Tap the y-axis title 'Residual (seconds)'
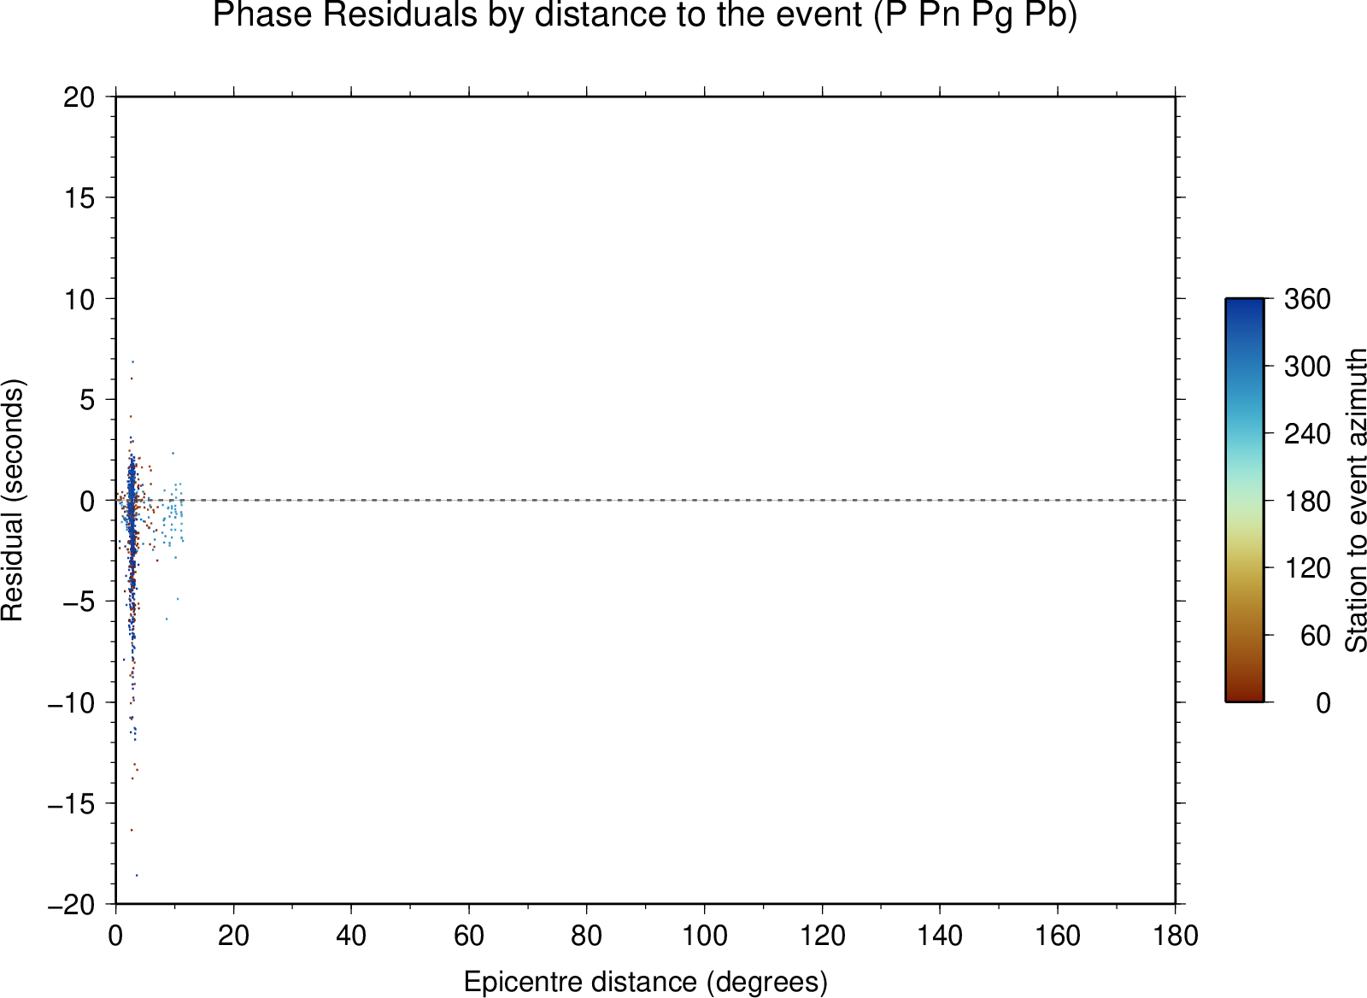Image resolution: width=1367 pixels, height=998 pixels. pyautogui.click(x=12, y=500)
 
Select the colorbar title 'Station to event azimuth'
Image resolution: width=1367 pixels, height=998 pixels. pyautogui.click(x=1355, y=500)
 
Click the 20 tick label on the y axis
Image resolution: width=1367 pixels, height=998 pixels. pyautogui.click(x=79, y=97)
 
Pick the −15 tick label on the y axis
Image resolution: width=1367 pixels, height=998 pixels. pyautogui.click(x=72, y=804)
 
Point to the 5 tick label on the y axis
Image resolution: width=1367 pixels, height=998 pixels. pyautogui.click(x=88, y=400)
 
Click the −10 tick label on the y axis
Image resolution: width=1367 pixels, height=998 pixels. pyautogui.click(x=72, y=703)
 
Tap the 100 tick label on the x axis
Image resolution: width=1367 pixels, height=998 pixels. pyautogui.click(x=704, y=936)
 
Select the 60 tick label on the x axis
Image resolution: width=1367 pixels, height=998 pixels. pyautogui.click(x=469, y=936)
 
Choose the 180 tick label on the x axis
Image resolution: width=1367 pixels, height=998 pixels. pyautogui.click(x=1176, y=936)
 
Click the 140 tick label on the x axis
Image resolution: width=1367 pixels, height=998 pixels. pyautogui.click(x=940, y=936)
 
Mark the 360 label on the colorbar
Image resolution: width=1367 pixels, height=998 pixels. pyautogui.click(x=1307, y=299)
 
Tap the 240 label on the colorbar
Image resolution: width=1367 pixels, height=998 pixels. pyautogui.click(x=1307, y=434)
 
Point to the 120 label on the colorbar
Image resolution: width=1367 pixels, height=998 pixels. pyautogui.click(x=1307, y=568)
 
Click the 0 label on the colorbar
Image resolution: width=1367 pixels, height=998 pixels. pyautogui.click(x=1323, y=703)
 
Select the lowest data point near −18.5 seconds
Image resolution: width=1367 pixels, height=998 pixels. pyautogui.click(x=137, y=875)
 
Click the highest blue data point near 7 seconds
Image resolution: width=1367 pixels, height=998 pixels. pyautogui.click(x=132, y=362)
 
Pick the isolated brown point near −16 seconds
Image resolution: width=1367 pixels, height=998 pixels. pyautogui.click(x=132, y=831)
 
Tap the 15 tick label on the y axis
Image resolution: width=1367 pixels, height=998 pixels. pyautogui.click(x=79, y=197)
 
